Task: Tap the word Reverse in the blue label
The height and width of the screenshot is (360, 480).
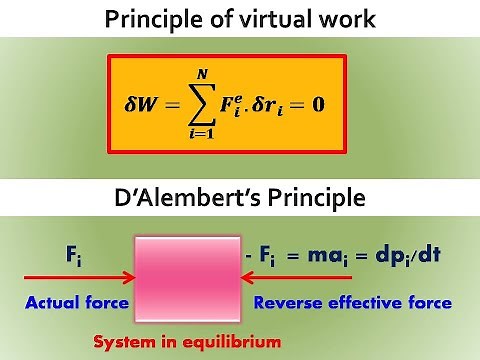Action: [290, 302]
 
